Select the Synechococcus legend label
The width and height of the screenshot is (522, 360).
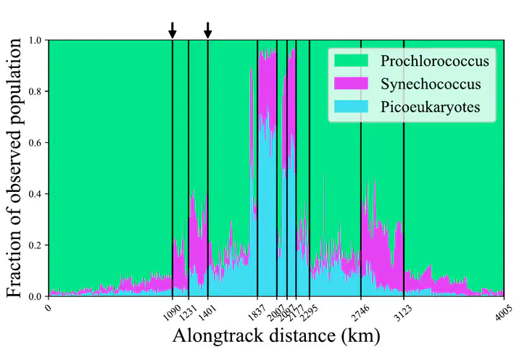click(x=431, y=85)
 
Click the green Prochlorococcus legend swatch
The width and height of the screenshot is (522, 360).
click(x=353, y=61)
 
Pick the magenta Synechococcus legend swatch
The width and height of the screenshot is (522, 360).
click(x=353, y=85)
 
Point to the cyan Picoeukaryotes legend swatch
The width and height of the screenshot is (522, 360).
click(x=353, y=109)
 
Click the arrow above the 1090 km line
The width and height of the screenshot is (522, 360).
click(x=173, y=30)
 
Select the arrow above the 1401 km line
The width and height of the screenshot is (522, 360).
click(x=207, y=30)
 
